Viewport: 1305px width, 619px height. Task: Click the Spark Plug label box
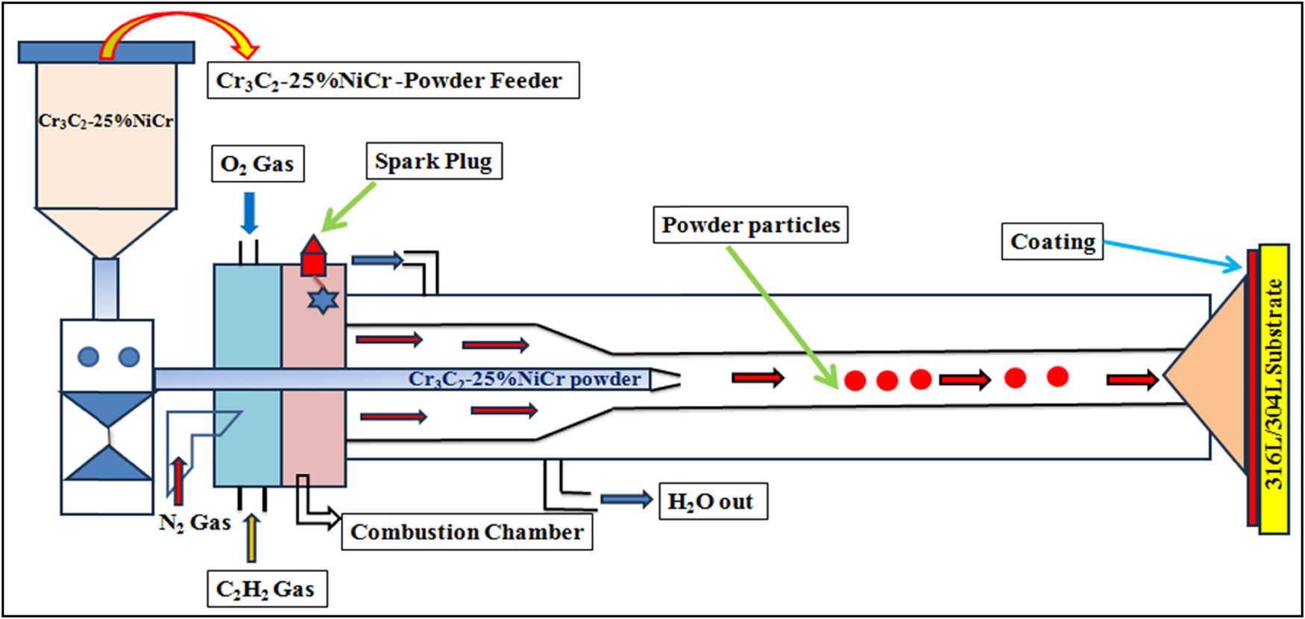434,161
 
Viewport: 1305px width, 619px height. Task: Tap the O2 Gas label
257,163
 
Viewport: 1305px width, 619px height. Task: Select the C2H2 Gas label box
265,589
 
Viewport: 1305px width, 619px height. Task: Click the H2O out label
712,501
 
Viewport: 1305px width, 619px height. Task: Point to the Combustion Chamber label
467,532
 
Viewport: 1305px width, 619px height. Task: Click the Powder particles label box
750,224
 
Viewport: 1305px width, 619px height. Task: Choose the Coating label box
1052,242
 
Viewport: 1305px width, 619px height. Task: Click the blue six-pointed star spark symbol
323,300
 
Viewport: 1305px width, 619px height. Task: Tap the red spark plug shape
313,257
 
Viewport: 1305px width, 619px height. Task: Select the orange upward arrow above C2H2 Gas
251,537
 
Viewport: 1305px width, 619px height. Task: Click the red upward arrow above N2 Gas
178,481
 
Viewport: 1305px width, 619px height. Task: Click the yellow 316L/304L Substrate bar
1274,388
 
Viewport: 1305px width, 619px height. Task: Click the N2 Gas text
195,522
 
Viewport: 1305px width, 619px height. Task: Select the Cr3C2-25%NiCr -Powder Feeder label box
392,80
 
